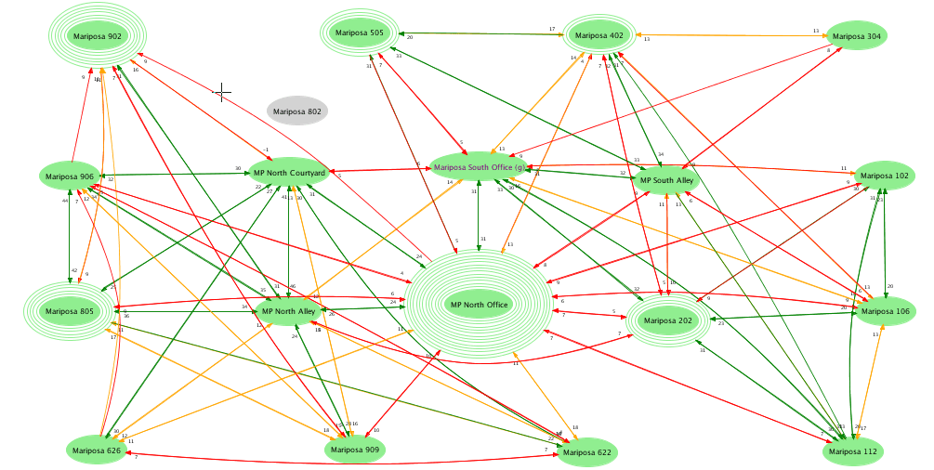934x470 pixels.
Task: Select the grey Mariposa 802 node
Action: pos(296,111)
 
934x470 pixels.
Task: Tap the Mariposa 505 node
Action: pos(359,33)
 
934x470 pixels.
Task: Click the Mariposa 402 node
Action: pos(599,36)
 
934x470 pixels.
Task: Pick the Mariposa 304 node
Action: pos(856,36)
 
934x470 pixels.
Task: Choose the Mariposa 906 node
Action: pos(70,176)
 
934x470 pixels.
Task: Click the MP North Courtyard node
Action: pos(289,173)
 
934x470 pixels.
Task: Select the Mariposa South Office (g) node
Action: pos(480,168)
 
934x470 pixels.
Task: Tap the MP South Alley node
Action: pos(666,180)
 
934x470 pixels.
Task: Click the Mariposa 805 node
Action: pos(70,311)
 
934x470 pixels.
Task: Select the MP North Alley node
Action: pos(288,311)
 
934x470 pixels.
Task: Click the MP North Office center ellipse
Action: pos(479,305)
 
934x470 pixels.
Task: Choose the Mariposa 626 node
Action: pos(97,450)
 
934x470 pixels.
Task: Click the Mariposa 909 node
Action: pos(355,450)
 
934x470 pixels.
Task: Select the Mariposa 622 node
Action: pos(587,452)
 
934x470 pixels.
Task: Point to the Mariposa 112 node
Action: pos(852,451)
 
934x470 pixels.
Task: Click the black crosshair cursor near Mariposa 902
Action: pos(222,92)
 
